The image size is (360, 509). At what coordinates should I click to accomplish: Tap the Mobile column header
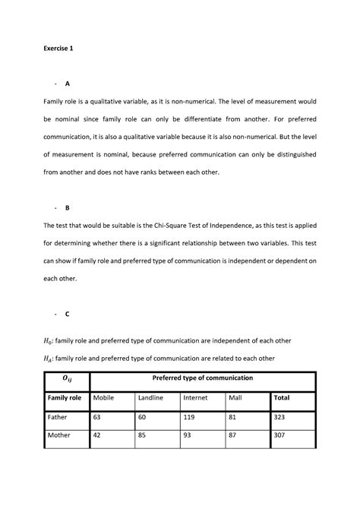click(x=103, y=397)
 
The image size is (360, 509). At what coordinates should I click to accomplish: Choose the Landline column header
click(x=151, y=397)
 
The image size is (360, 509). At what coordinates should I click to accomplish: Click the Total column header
click(x=281, y=397)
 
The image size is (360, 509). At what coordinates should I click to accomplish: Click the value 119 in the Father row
click(x=191, y=417)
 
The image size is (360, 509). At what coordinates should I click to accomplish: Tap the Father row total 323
click(x=279, y=417)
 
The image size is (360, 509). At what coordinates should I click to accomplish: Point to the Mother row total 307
click(x=279, y=437)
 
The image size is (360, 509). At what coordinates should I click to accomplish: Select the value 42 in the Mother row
click(x=97, y=437)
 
